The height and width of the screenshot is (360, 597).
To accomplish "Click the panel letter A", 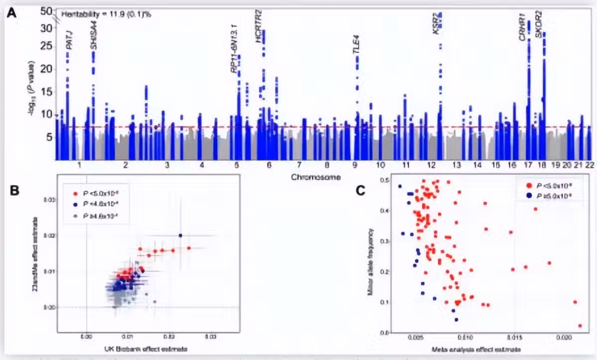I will pos(11,14).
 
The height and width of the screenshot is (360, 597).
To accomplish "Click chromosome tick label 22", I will pos(589,165).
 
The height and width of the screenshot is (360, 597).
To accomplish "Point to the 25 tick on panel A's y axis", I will pos(46,46).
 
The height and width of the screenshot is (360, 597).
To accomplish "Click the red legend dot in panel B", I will pos(75,193).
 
